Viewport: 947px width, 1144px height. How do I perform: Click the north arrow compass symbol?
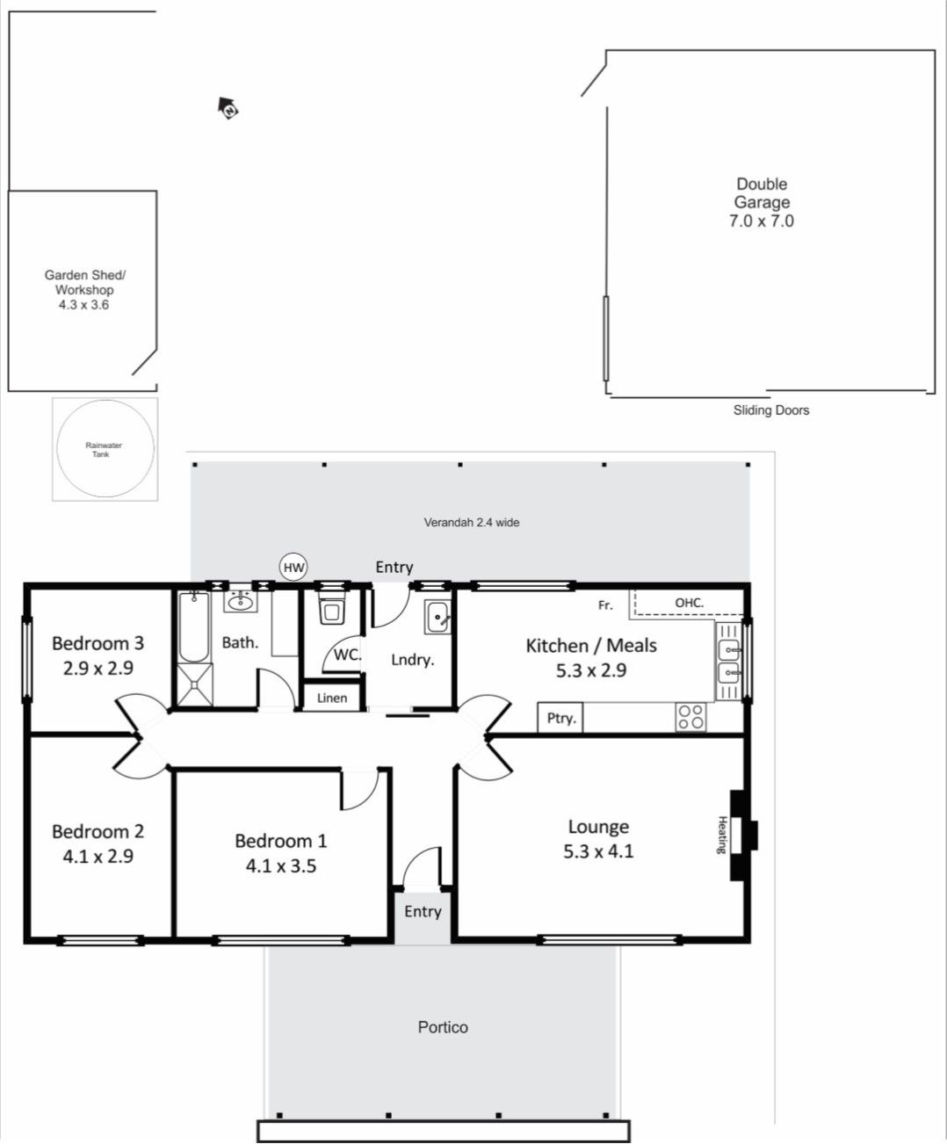tap(228, 107)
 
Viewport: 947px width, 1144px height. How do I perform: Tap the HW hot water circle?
tap(293, 568)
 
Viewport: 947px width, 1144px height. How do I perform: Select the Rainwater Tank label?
tap(103, 449)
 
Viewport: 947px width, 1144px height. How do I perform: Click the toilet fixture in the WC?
tap(331, 609)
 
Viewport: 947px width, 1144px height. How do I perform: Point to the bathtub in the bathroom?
tap(194, 626)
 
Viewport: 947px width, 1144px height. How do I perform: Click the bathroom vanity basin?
tap(241, 601)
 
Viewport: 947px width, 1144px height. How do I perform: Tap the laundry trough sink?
tap(437, 617)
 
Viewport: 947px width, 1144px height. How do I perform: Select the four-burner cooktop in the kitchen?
tap(690, 717)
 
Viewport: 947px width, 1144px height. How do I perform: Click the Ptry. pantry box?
tap(560, 717)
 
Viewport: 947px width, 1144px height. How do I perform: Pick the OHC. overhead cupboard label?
tap(689, 603)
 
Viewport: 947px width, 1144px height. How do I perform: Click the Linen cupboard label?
tap(332, 698)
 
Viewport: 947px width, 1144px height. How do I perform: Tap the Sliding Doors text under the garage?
tap(771, 410)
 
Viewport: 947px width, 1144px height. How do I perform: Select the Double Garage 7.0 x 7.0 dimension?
tap(762, 221)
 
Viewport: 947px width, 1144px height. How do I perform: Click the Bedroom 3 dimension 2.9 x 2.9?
tap(98, 669)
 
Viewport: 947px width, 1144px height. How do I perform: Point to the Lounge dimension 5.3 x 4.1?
tap(598, 851)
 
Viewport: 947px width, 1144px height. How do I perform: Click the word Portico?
tap(443, 1027)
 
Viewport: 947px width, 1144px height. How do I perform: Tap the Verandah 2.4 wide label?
tap(472, 522)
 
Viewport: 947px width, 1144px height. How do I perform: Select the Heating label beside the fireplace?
tap(722, 835)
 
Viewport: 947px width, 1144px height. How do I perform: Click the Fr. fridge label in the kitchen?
tap(605, 605)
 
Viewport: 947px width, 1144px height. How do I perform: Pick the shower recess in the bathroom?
tap(194, 684)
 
